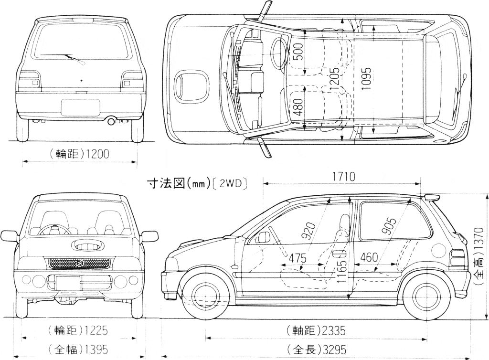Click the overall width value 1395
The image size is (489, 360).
(94, 349)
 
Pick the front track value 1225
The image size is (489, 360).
(94, 330)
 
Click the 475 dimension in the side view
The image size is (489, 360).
(298, 257)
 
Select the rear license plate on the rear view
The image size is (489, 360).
(80, 107)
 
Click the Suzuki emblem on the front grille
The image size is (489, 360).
(80, 263)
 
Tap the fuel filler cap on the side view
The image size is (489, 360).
(439, 248)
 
